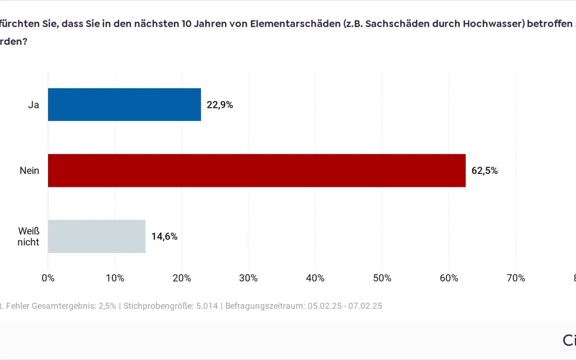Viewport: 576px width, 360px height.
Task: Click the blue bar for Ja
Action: pyautogui.click(x=124, y=105)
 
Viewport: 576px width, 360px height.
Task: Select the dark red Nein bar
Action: pyautogui.click(x=257, y=170)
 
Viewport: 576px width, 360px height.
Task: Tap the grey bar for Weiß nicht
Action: pyautogui.click(x=96, y=236)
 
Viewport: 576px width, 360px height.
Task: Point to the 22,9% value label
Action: pyautogui.click(x=220, y=105)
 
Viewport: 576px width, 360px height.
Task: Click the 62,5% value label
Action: pyautogui.click(x=484, y=170)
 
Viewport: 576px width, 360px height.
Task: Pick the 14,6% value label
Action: pyautogui.click(x=164, y=236)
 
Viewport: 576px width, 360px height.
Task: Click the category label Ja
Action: pyautogui.click(x=33, y=105)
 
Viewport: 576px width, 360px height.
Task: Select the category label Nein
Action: pyautogui.click(x=29, y=170)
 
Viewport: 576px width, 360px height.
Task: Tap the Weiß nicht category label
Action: pyautogui.click(x=29, y=236)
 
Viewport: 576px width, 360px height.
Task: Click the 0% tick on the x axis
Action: pyautogui.click(x=48, y=278)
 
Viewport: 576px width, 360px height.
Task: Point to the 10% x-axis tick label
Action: pyautogui.click(x=115, y=278)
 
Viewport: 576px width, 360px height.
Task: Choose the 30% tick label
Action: pyautogui.click(x=248, y=278)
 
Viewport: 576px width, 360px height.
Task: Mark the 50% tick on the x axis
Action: pyautogui.click(x=382, y=278)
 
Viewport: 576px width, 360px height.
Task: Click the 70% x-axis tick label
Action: pyautogui.click(x=516, y=278)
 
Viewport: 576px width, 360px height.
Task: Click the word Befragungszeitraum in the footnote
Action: pyautogui.click(x=264, y=306)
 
